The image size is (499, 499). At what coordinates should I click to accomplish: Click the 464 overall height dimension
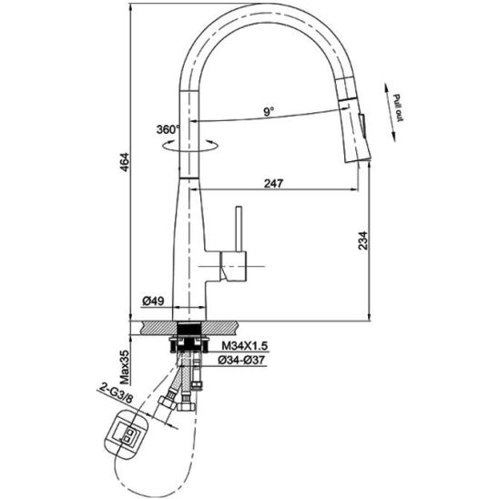pos(125,162)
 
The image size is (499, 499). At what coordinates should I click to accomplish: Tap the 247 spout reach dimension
pos(273,183)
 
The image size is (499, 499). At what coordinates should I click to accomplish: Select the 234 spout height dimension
pos(363,240)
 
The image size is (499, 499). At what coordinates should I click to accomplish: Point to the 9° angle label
pos(269,111)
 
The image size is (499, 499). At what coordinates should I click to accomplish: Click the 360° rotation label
pos(168,129)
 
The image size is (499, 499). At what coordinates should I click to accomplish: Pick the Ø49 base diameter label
pos(153,300)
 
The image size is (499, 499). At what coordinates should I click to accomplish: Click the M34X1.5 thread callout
pos(245,345)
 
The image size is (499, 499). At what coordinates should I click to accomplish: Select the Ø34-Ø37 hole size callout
pos(241,360)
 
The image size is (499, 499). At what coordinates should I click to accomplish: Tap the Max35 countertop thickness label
pos(125,367)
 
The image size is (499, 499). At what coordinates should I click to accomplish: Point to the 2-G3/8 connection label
pos(116,393)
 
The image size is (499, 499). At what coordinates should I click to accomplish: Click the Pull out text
pos(398,107)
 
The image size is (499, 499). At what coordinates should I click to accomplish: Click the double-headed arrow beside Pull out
pos(390,112)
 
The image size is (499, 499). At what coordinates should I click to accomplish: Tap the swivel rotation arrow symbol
pos(190,145)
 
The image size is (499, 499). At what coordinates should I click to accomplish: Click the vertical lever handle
pos(239,229)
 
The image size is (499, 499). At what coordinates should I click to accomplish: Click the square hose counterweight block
pos(127,434)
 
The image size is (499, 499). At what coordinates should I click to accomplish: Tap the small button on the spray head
pos(362,126)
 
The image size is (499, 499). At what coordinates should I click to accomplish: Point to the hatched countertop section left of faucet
pos(160,328)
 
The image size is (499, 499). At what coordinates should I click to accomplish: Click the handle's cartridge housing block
pos(233,267)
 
